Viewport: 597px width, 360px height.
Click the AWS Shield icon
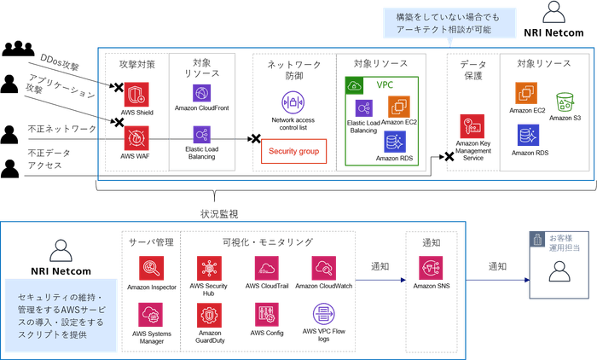tap(136, 94)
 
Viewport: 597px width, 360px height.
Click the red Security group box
tap(293, 151)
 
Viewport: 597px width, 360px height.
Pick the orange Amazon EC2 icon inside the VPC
tap(398, 106)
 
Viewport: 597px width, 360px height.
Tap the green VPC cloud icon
tap(356, 86)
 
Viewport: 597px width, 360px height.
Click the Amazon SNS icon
tap(432, 268)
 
